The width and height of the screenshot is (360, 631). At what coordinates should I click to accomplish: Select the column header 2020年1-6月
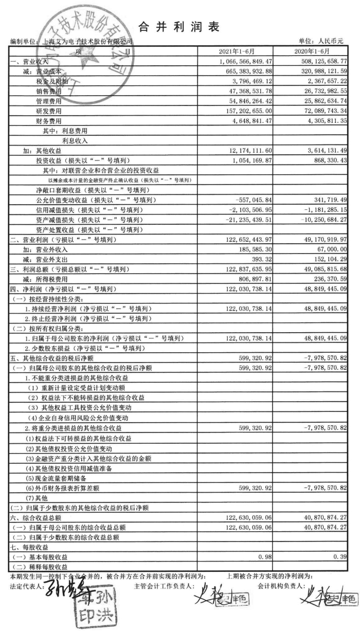coord(315,52)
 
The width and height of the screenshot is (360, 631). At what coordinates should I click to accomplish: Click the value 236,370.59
coord(328,280)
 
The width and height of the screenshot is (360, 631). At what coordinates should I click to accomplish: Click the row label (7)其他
coord(37,499)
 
